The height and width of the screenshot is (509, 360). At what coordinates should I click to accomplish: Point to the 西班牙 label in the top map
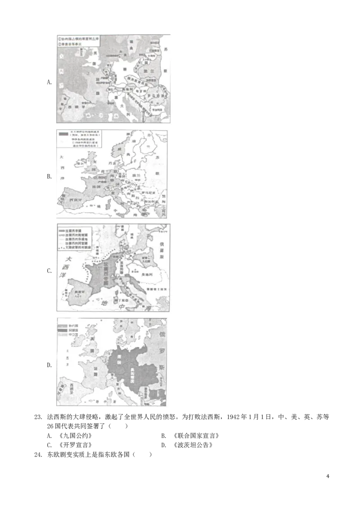point(72,107)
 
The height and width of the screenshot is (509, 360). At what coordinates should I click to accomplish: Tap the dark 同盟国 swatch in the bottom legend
point(62,329)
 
